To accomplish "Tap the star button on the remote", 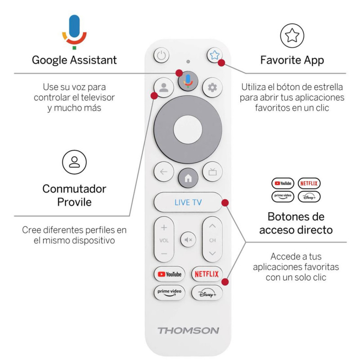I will [214, 56].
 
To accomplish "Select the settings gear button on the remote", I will [212, 87].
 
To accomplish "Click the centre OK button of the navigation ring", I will [188, 129].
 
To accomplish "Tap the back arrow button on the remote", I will [163, 171].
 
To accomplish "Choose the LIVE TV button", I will [188, 202].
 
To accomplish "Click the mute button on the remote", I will [188, 240].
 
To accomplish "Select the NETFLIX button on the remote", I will [207, 274].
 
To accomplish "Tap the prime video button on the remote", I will [169, 292].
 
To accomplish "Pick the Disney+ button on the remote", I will [207, 292].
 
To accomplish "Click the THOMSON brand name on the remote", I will [188, 331].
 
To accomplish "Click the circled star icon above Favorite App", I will [292, 36].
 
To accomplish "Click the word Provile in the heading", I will [74, 202].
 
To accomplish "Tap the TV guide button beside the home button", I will [212, 171].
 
